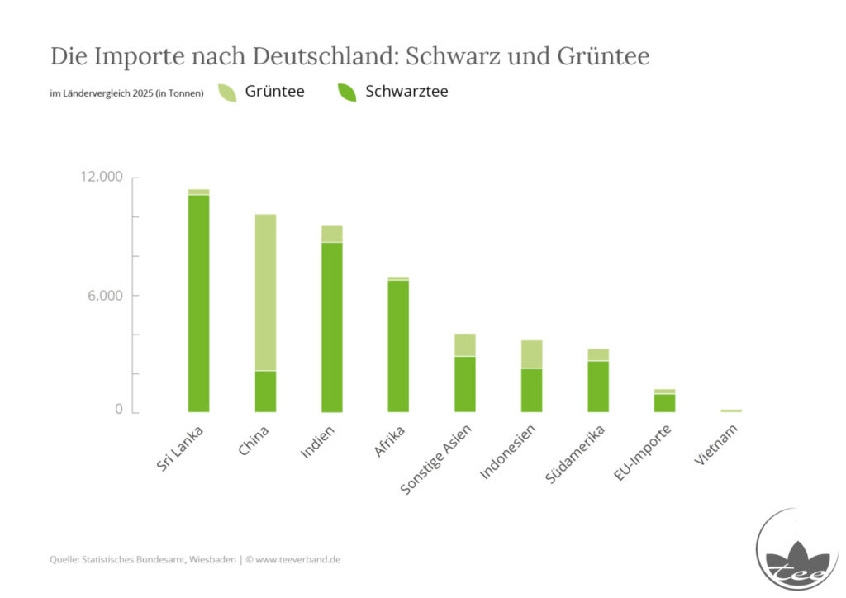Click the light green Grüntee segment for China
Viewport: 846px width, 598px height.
[x=265, y=292]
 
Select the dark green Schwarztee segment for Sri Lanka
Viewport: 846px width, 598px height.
[x=198, y=304]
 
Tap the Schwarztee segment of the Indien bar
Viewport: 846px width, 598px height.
[x=332, y=327]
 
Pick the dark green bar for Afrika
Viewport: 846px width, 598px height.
[x=398, y=346]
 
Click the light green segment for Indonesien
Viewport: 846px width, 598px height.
[x=531, y=354]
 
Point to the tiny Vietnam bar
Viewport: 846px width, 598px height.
[x=731, y=411]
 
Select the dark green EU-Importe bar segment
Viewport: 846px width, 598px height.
[x=665, y=403]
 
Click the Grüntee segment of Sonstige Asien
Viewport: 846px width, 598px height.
[x=465, y=345]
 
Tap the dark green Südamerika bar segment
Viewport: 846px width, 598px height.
[x=598, y=387]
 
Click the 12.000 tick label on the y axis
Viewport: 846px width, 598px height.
[x=102, y=177]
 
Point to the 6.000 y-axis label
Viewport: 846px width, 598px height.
[x=105, y=296]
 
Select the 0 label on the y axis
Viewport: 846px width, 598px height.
[x=119, y=410]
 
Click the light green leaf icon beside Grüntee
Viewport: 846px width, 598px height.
[x=227, y=93]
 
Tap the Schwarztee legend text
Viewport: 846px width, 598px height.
[x=406, y=92]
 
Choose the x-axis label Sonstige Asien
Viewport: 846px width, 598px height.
[x=436, y=459]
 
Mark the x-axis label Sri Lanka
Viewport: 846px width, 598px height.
[x=179, y=448]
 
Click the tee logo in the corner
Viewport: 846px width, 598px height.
[x=797, y=551]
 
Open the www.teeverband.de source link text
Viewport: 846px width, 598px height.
[x=297, y=560]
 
